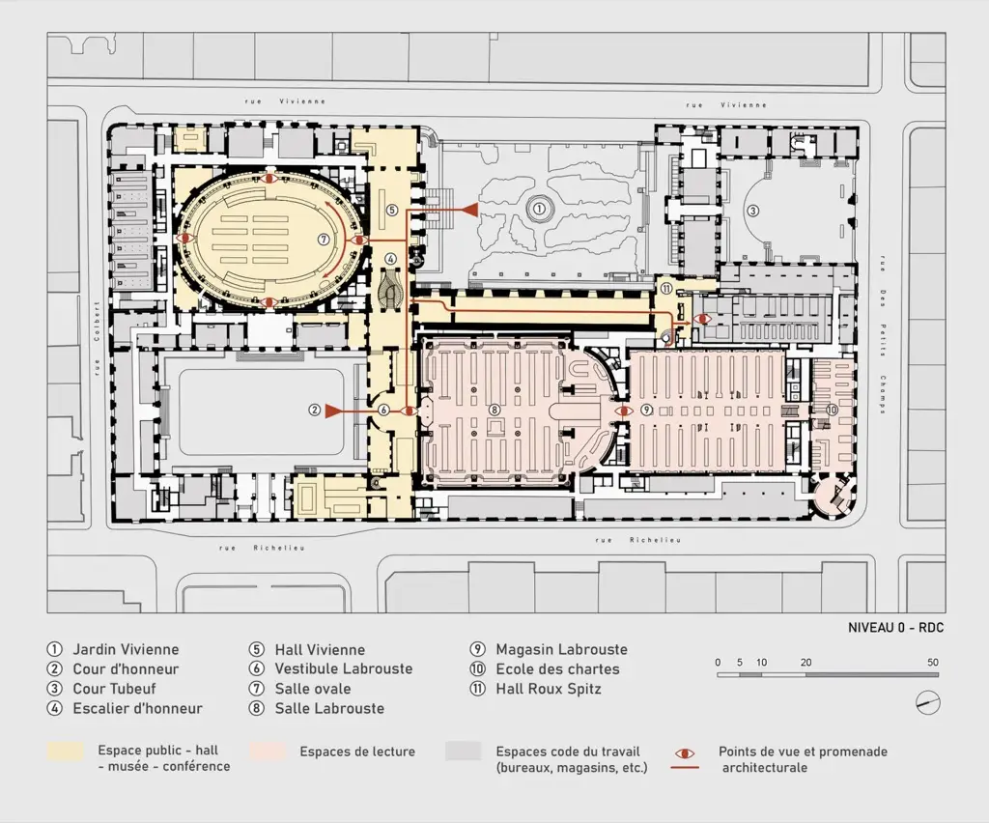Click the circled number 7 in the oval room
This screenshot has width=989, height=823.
tap(323, 240)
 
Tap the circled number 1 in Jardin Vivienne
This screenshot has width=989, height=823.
tap(539, 208)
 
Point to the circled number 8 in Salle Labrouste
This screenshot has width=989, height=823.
tap(494, 410)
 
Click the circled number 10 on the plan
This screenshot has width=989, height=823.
tap(832, 410)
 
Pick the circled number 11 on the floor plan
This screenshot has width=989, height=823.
tap(666, 288)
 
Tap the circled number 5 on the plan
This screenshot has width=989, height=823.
tap(392, 210)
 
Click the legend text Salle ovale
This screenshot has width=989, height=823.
tap(313, 689)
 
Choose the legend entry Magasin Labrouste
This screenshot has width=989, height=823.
tap(561, 649)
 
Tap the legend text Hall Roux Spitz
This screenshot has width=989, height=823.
tap(549, 689)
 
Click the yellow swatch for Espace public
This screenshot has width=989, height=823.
tap(65, 751)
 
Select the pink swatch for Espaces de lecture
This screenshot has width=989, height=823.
tap(268, 751)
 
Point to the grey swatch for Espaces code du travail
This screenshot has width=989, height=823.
tap(463, 751)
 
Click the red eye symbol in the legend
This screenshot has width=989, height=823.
tap(685, 753)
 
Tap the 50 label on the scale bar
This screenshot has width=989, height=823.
tap(933, 663)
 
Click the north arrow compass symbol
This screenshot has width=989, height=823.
tap(928, 703)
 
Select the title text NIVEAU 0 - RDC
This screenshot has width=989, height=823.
tap(895, 628)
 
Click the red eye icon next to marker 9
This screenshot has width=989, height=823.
tap(625, 411)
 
